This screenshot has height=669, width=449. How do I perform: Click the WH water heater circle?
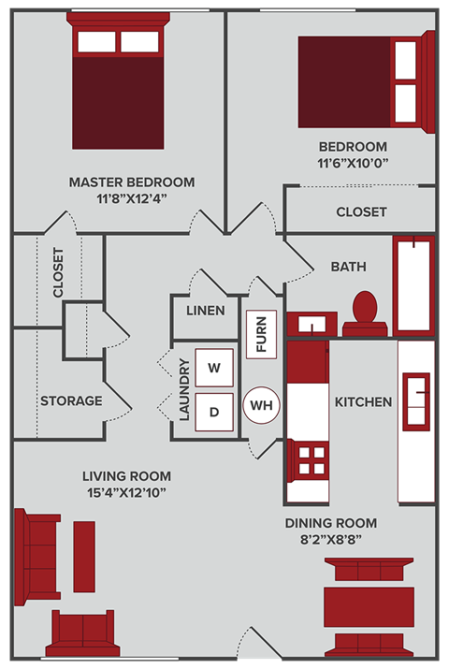261,406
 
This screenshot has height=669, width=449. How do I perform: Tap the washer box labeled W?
213,368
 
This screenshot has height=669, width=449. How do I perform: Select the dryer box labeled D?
213,411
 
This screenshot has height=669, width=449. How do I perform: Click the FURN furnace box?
261,333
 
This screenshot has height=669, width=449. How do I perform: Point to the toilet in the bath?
365,312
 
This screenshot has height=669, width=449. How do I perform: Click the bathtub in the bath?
413,285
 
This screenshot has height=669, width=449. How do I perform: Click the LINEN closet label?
205,310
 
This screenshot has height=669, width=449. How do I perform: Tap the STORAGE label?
71,400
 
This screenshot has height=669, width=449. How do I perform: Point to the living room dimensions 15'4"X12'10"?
125,492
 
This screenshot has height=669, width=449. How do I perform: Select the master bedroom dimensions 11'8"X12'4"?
132,198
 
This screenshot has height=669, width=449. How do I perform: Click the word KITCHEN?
363,401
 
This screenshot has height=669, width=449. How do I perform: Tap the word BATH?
348,267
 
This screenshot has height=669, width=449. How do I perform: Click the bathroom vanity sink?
309,324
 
